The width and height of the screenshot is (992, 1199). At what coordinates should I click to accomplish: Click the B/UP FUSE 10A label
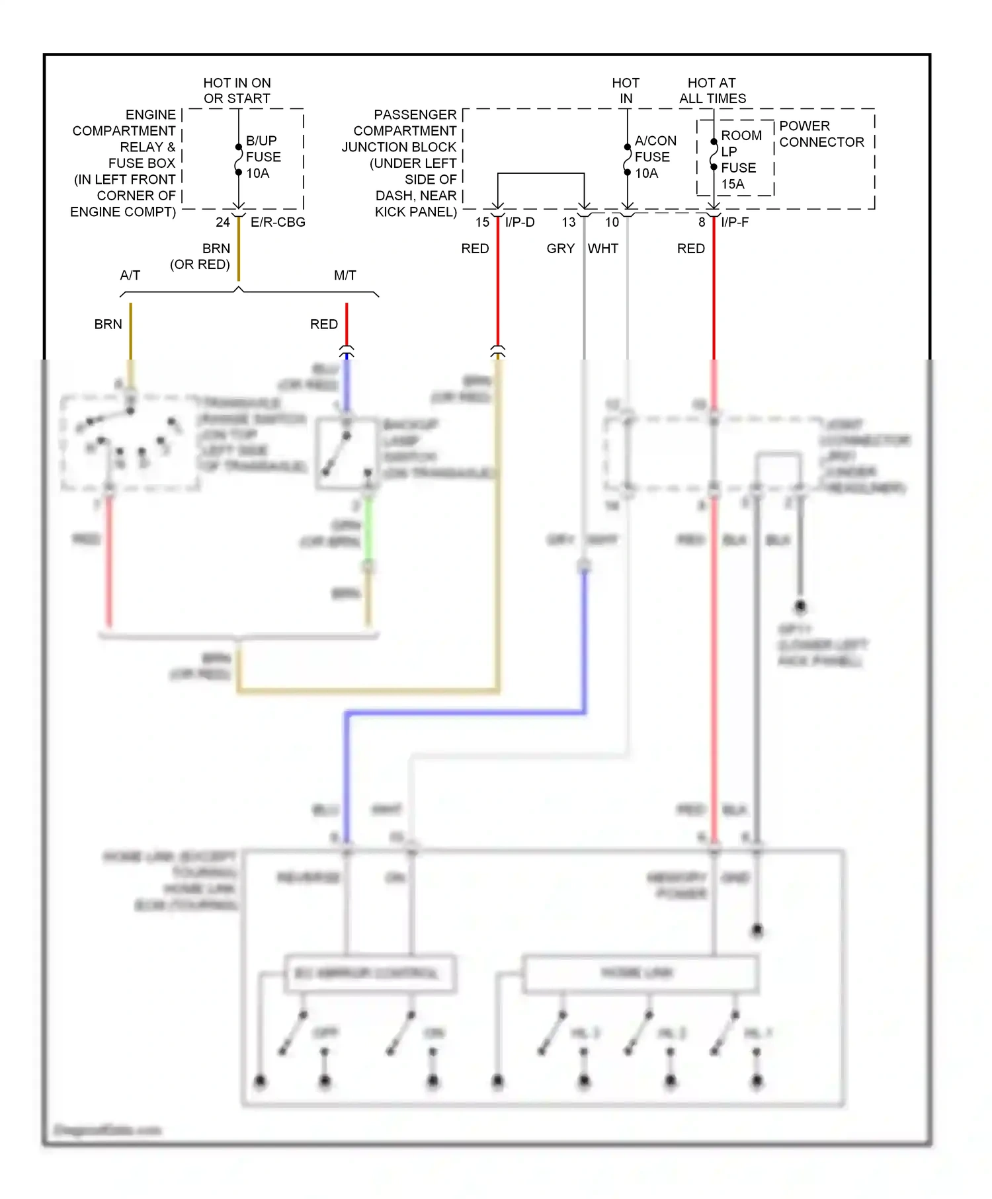263,157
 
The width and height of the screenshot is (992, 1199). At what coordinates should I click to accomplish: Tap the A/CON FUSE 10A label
655,157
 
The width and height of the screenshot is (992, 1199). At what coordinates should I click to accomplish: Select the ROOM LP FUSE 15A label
740,160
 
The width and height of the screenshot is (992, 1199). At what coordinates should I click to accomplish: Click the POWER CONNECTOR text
821,134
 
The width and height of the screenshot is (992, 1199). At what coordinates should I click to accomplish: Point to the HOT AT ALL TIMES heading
712,91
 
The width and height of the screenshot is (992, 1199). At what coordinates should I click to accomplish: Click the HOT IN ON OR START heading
237,91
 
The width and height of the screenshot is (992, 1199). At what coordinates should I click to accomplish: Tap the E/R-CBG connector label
278,223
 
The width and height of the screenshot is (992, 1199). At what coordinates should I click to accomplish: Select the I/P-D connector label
520,223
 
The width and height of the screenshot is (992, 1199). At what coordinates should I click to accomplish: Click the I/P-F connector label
735,223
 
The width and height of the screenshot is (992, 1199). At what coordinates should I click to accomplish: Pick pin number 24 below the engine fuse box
223,223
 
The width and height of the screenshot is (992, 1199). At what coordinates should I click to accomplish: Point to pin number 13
569,223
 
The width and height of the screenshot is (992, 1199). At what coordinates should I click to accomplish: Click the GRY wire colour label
560,249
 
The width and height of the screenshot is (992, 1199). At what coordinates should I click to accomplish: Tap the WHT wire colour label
603,249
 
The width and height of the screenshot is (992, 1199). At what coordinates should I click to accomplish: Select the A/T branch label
130,276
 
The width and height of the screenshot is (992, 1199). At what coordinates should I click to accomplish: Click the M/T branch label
345,276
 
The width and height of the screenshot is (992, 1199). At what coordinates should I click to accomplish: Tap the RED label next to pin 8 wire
690,249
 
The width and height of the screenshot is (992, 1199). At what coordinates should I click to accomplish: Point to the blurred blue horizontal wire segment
463,713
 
